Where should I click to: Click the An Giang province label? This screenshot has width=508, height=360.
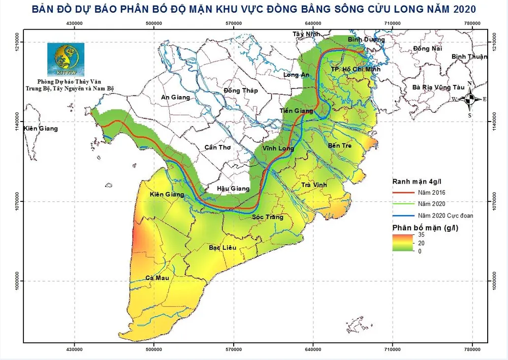pos(175,97)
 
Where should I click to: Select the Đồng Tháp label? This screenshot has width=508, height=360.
pos(241,91)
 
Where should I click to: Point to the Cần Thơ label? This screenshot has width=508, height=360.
pos(217,147)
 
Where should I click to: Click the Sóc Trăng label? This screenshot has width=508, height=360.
pos(268,217)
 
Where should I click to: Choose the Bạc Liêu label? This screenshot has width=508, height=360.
pos(224,248)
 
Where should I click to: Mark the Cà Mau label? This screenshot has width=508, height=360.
pos(157,278)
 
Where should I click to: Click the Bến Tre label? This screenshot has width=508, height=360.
pos(340,145)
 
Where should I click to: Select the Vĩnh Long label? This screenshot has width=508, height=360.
pos(278,148)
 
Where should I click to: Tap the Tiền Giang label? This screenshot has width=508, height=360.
pos(296,111)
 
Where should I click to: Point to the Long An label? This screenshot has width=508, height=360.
pos(297,75)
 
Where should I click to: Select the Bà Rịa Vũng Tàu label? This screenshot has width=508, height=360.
pos(438,87)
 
